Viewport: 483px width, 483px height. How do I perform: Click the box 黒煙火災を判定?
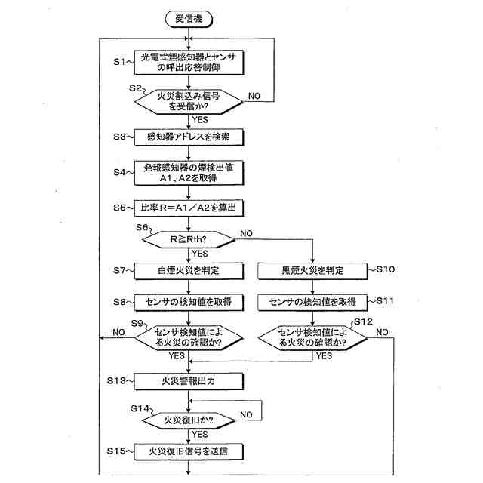coord(312,269)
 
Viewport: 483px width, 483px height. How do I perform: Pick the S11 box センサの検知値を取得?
coord(312,302)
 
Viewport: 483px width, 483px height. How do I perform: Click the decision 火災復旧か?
coord(189,419)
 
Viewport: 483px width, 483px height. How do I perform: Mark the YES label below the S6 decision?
coord(200,254)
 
